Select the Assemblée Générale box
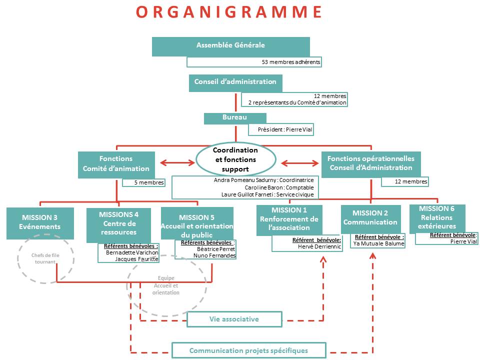(230, 45)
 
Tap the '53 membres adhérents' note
(254, 62)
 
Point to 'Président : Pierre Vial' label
(281, 129)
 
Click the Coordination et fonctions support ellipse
(235, 159)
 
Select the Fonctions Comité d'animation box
(116, 163)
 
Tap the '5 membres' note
(143, 182)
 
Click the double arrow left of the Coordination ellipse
(177, 162)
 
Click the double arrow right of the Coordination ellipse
(300, 162)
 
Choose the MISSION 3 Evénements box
(40, 222)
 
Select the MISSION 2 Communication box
(370, 218)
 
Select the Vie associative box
(234, 319)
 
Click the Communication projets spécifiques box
(248, 350)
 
